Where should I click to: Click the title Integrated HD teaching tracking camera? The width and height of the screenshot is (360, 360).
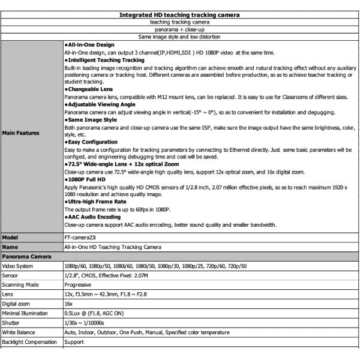(180, 14)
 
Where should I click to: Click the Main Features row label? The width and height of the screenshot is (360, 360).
(22, 133)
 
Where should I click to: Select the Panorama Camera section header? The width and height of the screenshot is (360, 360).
(26, 256)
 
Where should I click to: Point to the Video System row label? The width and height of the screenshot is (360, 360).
(19, 266)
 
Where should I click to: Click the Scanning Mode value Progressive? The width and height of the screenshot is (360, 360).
(79, 285)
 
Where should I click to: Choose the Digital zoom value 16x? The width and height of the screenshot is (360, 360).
(70, 304)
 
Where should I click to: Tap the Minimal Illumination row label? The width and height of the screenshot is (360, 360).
(28, 313)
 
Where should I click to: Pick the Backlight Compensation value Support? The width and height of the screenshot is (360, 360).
(75, 342)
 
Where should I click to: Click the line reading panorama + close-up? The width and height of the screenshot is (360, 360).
(180, 29)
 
